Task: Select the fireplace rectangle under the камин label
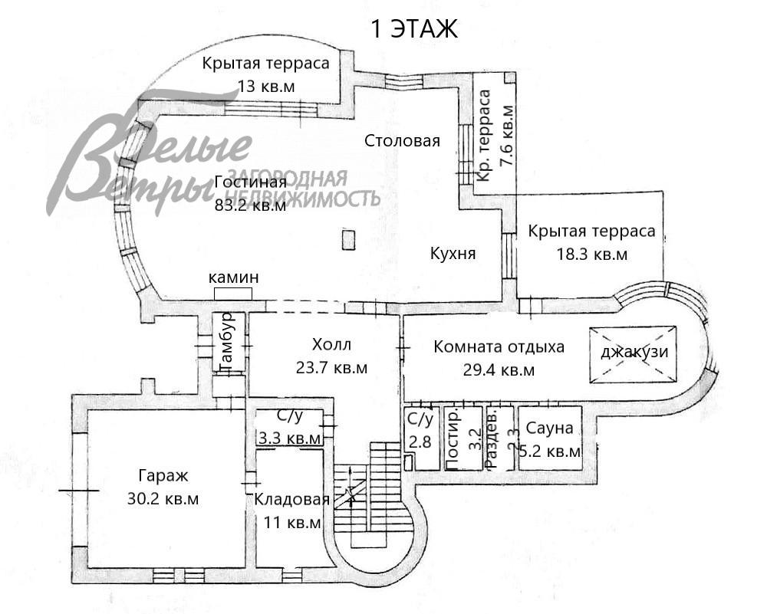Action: (x=232, y=292)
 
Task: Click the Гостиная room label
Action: (x=251, y=182)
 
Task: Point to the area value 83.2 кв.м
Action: (x=251, y=205)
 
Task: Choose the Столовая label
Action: (x=402, y=141)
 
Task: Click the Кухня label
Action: (x=453, y=254)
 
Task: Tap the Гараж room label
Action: (x=163, y=474)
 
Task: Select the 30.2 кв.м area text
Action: (x=163, y=498)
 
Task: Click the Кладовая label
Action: (x=292, y=500)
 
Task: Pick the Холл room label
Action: (x=331, y=344)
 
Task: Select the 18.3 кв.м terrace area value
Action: (x=591, y=254)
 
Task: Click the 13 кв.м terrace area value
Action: (x=266, y=87)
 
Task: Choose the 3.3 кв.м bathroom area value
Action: (x=288, y=438)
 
